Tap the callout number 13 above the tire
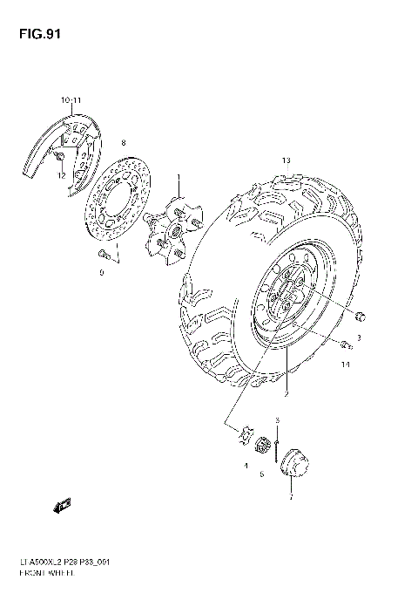pos(285,161)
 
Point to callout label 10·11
pos(71,101)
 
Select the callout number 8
pos(123,142)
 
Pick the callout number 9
pos(101,273)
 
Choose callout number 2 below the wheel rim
pos(286,395)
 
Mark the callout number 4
pos(246,466)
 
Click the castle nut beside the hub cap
pos(260,446)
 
